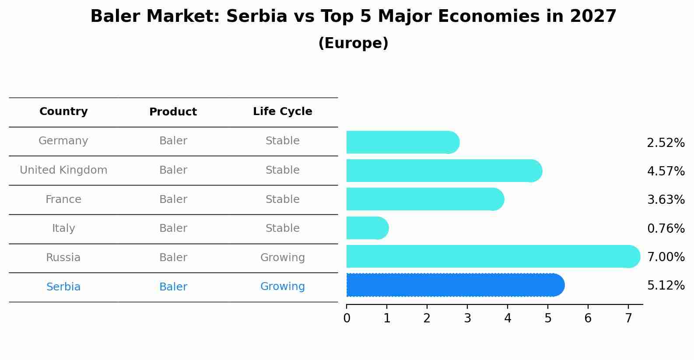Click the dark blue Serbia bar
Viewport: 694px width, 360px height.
455,285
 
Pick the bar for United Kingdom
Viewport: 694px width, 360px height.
444,171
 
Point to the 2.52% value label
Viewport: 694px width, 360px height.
666,143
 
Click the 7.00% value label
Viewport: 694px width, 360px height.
666,257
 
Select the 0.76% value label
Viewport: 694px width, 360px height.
666,228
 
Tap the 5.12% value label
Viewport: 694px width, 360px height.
666,286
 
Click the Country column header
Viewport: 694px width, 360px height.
63,112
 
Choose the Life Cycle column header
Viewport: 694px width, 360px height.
283,112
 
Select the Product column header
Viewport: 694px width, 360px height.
173,112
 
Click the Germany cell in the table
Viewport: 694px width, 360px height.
63,141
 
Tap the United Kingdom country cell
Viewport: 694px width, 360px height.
63,170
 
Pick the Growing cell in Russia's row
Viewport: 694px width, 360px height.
283,258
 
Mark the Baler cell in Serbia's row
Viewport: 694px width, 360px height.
173,287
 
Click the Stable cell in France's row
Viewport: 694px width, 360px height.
283,199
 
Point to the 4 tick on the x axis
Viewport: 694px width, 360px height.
508,318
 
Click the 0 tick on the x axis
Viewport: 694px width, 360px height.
347,318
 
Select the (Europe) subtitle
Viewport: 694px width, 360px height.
353,43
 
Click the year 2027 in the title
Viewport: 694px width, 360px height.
593,17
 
